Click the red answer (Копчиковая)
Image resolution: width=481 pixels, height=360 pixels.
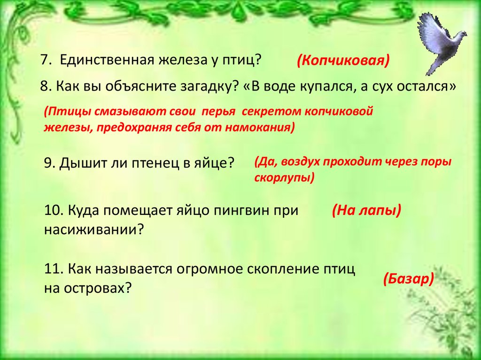[343, 61]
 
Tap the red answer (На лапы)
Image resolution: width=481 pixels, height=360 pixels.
[366, 210]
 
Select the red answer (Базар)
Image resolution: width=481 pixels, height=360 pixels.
[408, 279]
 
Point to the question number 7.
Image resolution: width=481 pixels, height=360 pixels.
[46, 60]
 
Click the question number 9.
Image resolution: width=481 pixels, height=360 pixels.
[49, 163]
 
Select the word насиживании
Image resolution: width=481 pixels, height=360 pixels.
[94, 230]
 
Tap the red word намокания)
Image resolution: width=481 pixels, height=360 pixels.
[260, 127]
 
